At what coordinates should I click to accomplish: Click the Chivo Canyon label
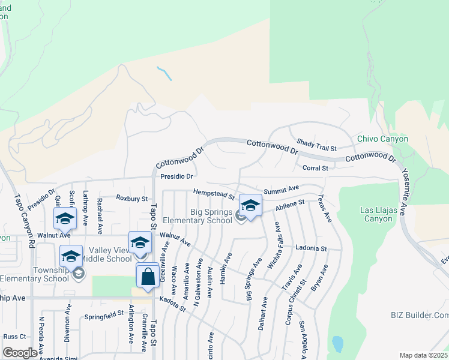point(382,139)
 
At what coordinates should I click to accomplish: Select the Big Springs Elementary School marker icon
point(250,206)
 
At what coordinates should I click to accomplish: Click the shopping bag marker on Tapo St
point(148,277)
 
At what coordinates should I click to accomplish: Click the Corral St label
point(315,169)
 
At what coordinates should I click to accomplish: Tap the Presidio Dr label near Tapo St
point(177,176)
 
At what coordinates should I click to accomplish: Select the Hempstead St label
point(214,194)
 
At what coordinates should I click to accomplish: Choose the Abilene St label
point(291,205)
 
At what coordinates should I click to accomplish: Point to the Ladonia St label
point(310,247)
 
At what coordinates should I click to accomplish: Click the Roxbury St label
point(131,198)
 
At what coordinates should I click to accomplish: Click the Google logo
point(20,353)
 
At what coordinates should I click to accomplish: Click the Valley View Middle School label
point(110,254)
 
